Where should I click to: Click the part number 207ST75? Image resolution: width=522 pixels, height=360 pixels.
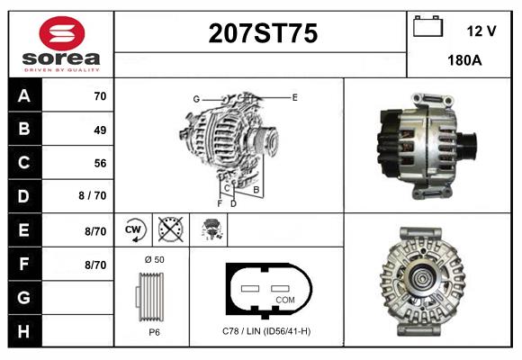(x=262, y=34)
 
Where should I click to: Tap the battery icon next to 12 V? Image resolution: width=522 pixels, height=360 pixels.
(x=428, y=28)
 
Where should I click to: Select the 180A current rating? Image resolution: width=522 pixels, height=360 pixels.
(x=464, y=61)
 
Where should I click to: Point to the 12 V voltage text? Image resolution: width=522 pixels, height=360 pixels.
(x=481, y=31)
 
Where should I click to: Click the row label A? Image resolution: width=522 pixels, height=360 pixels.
(x=24, y=96)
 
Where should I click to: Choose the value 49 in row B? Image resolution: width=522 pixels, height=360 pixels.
(x=99, y=130)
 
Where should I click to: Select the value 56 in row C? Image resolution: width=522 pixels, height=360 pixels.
(x=99, y=163)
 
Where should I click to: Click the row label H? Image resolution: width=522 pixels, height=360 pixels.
(x=24, y=330)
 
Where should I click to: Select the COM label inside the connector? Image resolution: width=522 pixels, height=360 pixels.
(x=284, y=300)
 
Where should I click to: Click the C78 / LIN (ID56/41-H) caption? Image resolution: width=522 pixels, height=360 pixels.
(x=266, y=331)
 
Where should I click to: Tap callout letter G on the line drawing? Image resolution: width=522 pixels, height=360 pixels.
(x=195, y=98)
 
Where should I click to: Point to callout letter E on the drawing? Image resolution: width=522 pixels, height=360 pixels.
(x=294, y=95)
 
